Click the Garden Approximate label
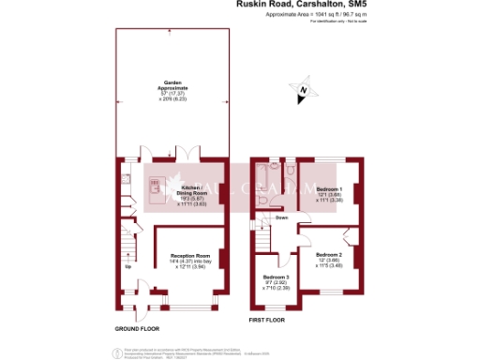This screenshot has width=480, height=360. pyautogui.click(x=172, y=84)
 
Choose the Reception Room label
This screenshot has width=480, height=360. pyautogui.click(x=188, y=254)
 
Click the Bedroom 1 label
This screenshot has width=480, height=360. pyautogui.click(x=328, y=188)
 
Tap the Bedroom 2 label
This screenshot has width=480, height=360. pyautogui.click(x=328, y=254)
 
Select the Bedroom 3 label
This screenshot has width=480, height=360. pyautogui.click(x=276, y=277)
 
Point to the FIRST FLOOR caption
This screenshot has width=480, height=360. pyautogui.click(x=268, y=321)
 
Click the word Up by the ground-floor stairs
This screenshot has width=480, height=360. pyautogui.click(x=128, y=265)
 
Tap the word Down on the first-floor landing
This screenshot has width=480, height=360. pyautogui.click(x=281, y=217)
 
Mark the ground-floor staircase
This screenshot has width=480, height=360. pyautogui.click(x=128, y=245)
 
